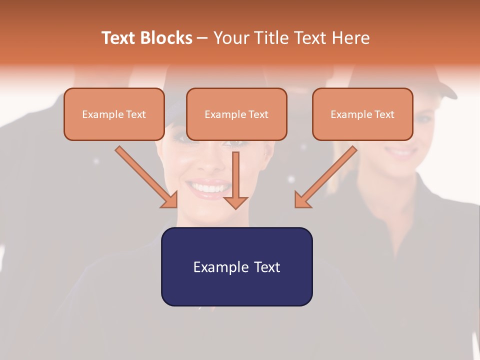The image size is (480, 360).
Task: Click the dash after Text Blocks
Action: click(x=202, y=38)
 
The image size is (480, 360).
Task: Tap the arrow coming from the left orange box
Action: click(x=145, y=175)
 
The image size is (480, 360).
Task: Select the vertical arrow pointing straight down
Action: click(x=235, y=175)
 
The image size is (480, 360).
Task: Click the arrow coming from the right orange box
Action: click(x=327, y=175)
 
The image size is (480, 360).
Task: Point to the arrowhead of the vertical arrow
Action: click(x=235, y=202)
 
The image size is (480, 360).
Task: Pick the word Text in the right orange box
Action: click(x=384, y=114)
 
